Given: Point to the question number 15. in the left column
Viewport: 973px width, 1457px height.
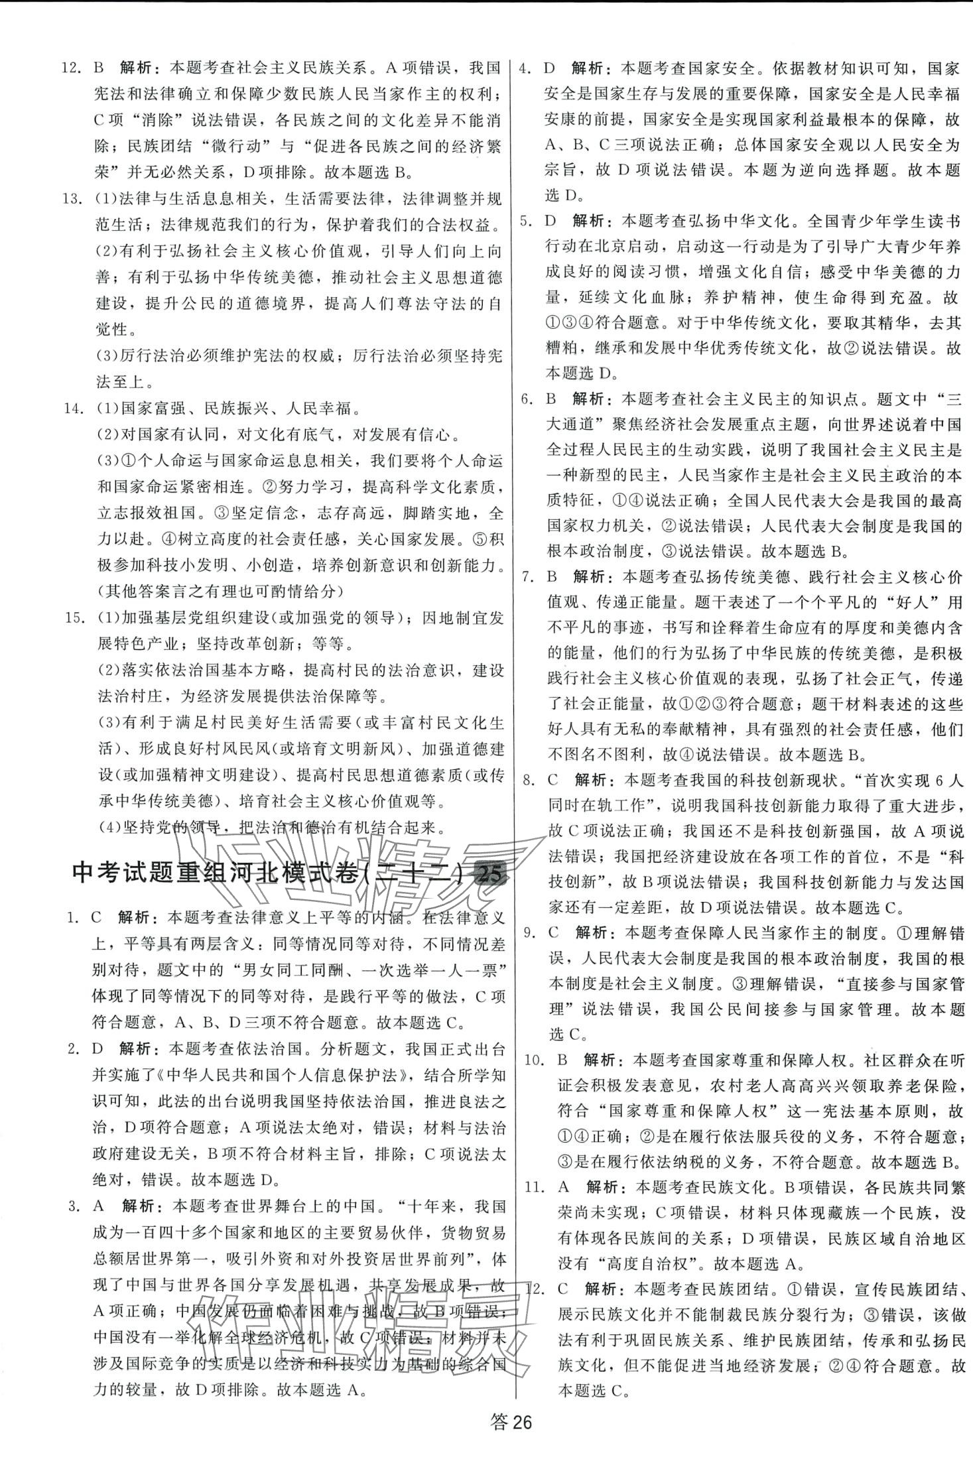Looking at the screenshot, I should (75, 618).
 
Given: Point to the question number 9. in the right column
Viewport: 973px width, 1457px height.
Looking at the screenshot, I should (529, 933).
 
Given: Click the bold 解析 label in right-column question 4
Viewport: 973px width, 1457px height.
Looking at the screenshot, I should (587, 68).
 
